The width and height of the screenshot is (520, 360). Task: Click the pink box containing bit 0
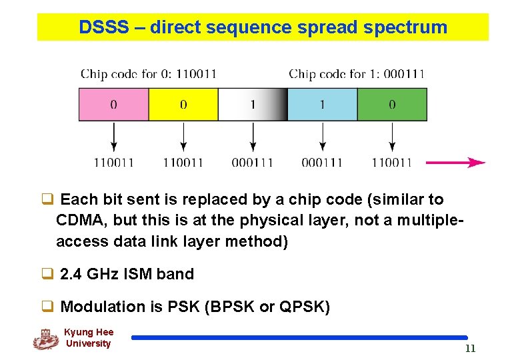point(113,105)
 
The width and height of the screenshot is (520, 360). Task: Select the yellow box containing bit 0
point(183,105)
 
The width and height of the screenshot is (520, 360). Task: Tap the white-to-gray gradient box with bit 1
point(253,105)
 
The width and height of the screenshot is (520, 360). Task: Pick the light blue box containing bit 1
point(323,105)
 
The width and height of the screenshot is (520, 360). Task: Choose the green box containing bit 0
point(392,105)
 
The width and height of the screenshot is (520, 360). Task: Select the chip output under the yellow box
point(183,162)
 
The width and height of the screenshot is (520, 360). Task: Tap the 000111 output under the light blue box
point(322,162)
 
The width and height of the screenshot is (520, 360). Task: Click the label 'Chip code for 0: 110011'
point(148,73)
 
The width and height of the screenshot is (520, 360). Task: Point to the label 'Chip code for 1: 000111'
point(356,73)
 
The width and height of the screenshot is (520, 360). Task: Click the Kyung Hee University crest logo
point(45,339)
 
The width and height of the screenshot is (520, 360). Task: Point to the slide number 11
point(470,349)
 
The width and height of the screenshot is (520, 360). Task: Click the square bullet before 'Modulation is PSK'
point(47,307)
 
